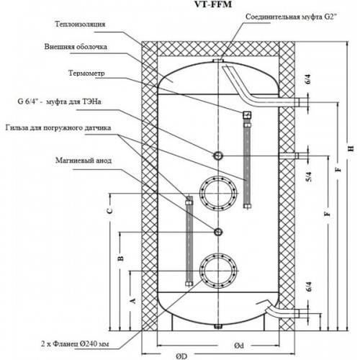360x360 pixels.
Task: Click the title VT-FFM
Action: (x=213, y=4)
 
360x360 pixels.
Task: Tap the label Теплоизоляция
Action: (x=80, y=24)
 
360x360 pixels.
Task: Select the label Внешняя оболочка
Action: (x=76, y=47)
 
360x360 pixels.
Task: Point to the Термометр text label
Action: (x=86, y=73)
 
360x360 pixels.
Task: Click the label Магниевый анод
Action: (x=84, y=160)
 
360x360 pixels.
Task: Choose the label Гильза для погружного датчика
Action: (x=58, y=127)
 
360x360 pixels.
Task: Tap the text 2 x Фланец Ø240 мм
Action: (x=75, y=344)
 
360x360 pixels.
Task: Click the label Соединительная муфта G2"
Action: (x=290, y=17)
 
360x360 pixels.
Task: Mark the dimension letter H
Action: (x=351, y=148)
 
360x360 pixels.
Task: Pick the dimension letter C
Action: (x=109, y=211)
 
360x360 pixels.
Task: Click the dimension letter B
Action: (x=121, y=258)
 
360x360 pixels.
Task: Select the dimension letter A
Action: (x=132, y=300)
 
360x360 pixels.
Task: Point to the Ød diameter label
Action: (x=239, y=346)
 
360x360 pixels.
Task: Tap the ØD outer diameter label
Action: (x=181, y=356)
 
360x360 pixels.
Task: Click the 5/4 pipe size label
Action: (x=309, y=177)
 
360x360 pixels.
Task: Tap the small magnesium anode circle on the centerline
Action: (x=218, y=232)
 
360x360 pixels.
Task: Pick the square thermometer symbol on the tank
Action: (x=247, y=114)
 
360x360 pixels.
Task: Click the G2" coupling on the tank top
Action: (x=218, y=61)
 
